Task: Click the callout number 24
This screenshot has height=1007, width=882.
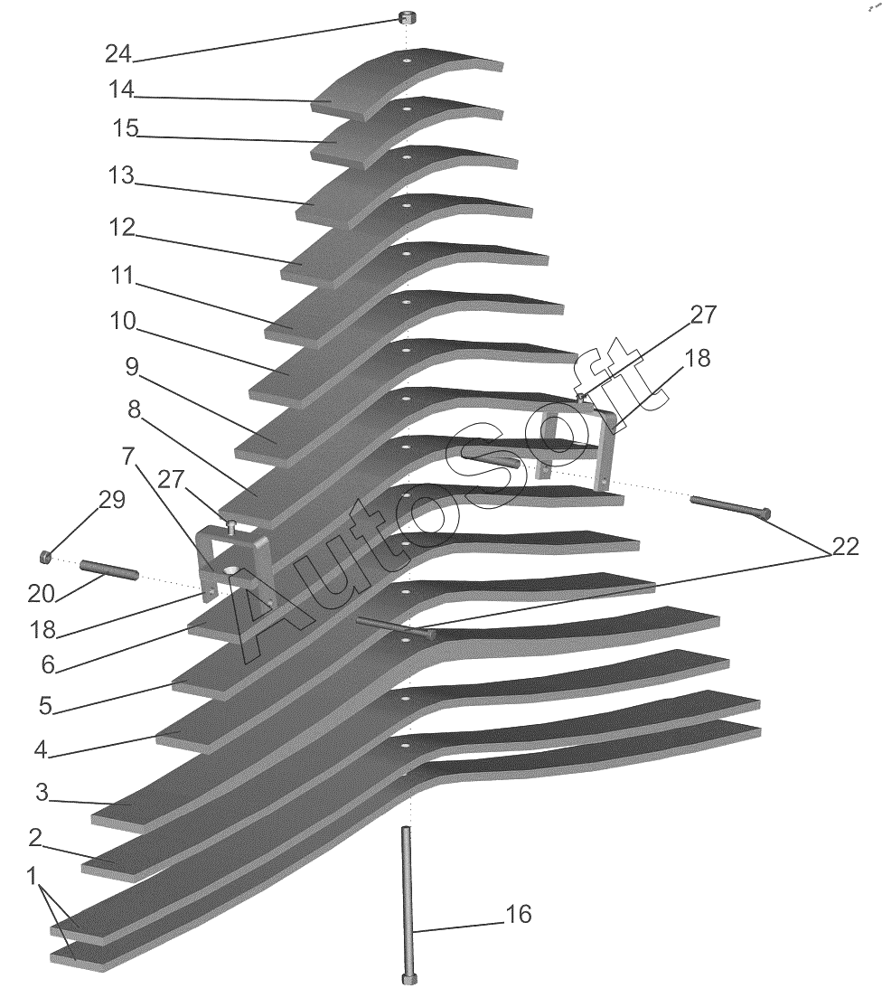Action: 118,54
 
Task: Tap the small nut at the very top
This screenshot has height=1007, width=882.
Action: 406,16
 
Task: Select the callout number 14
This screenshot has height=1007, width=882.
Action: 121,89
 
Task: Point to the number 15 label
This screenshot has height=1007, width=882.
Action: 126,127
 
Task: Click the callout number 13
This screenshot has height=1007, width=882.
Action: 121,174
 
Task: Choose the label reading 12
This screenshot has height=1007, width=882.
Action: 123,228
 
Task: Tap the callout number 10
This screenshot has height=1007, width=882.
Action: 123,321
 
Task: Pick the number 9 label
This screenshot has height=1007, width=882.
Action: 132,367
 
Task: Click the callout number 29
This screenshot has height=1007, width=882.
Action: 112,500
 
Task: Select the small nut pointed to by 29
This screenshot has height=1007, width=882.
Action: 45,556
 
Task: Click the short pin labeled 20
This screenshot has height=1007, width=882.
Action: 109,569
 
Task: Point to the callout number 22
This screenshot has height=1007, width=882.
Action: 846,547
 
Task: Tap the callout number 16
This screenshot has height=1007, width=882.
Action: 519,914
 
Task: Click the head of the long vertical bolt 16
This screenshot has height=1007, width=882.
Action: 408,979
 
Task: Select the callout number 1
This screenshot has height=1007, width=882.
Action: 32,876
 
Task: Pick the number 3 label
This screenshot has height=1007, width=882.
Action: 42,792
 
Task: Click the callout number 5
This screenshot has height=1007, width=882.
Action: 45,706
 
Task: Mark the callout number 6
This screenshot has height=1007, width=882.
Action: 48,664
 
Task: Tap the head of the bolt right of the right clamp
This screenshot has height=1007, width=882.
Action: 764,513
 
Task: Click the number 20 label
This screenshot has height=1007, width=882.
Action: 41,594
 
